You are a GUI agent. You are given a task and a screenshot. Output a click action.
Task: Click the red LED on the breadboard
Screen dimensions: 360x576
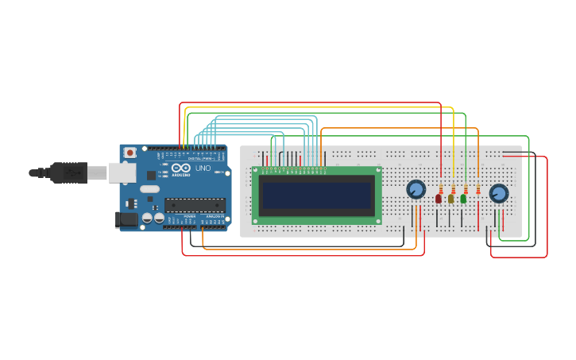point(438,199)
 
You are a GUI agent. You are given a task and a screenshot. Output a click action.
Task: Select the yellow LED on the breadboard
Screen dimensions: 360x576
point(450,199)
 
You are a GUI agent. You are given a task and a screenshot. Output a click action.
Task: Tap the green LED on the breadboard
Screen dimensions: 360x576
point(463,199)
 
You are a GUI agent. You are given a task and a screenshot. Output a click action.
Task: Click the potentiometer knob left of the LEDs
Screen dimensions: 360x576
point(416,189)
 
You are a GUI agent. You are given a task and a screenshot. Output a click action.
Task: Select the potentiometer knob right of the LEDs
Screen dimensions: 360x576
point(498,193)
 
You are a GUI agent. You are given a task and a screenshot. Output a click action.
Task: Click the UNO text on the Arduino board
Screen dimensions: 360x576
point(203,168)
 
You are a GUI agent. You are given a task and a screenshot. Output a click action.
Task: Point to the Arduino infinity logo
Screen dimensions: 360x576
point(180,168)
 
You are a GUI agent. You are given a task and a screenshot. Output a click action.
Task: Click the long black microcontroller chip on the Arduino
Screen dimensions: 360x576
point(195,205)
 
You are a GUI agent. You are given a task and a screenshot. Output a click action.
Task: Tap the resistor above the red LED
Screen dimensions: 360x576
point(440,188)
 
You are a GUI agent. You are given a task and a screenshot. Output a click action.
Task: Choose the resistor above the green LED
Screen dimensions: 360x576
point(466,188)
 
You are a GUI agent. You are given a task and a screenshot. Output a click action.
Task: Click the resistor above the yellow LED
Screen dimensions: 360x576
point(453,188)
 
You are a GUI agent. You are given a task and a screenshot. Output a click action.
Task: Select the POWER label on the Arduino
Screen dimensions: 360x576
point(189,216)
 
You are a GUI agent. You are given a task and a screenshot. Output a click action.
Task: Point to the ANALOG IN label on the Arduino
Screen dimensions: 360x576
point(215,216)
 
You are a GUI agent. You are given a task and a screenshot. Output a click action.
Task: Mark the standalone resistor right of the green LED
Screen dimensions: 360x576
point(477,189)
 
